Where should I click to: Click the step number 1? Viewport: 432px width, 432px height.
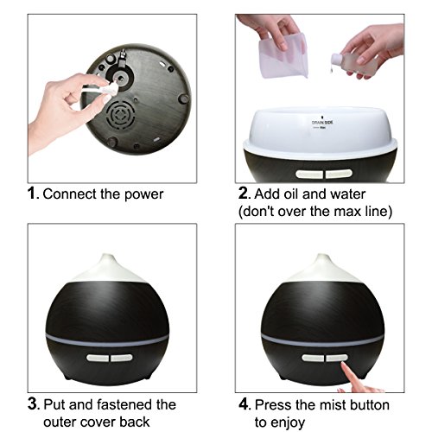pyautogui.click(x=32, y=194)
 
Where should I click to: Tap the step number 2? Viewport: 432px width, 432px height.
pyautogui.click(x=243, y=194)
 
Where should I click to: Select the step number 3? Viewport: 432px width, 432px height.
pyautogui.click(x=33, y=403)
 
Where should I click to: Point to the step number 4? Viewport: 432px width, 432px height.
pyautogui.click(x=244, y=403)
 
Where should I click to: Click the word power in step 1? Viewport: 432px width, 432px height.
pyautogui.click(x=143, y=195)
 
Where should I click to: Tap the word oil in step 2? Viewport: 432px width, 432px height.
pyautogui.click(x=290, y=194)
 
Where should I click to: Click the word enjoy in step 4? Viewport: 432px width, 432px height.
pyautogui.click(x=288, y=423)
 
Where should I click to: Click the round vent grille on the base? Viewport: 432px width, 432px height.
pyautogui.click(x=119, y=114)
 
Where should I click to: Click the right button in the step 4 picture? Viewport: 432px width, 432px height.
pyautogui.click(x=337, y=358)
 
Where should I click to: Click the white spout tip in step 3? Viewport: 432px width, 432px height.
pyautogui.click(x=107, y=257)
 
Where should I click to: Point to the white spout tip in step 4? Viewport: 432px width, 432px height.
pyautogui.click(x=322, y=257)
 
